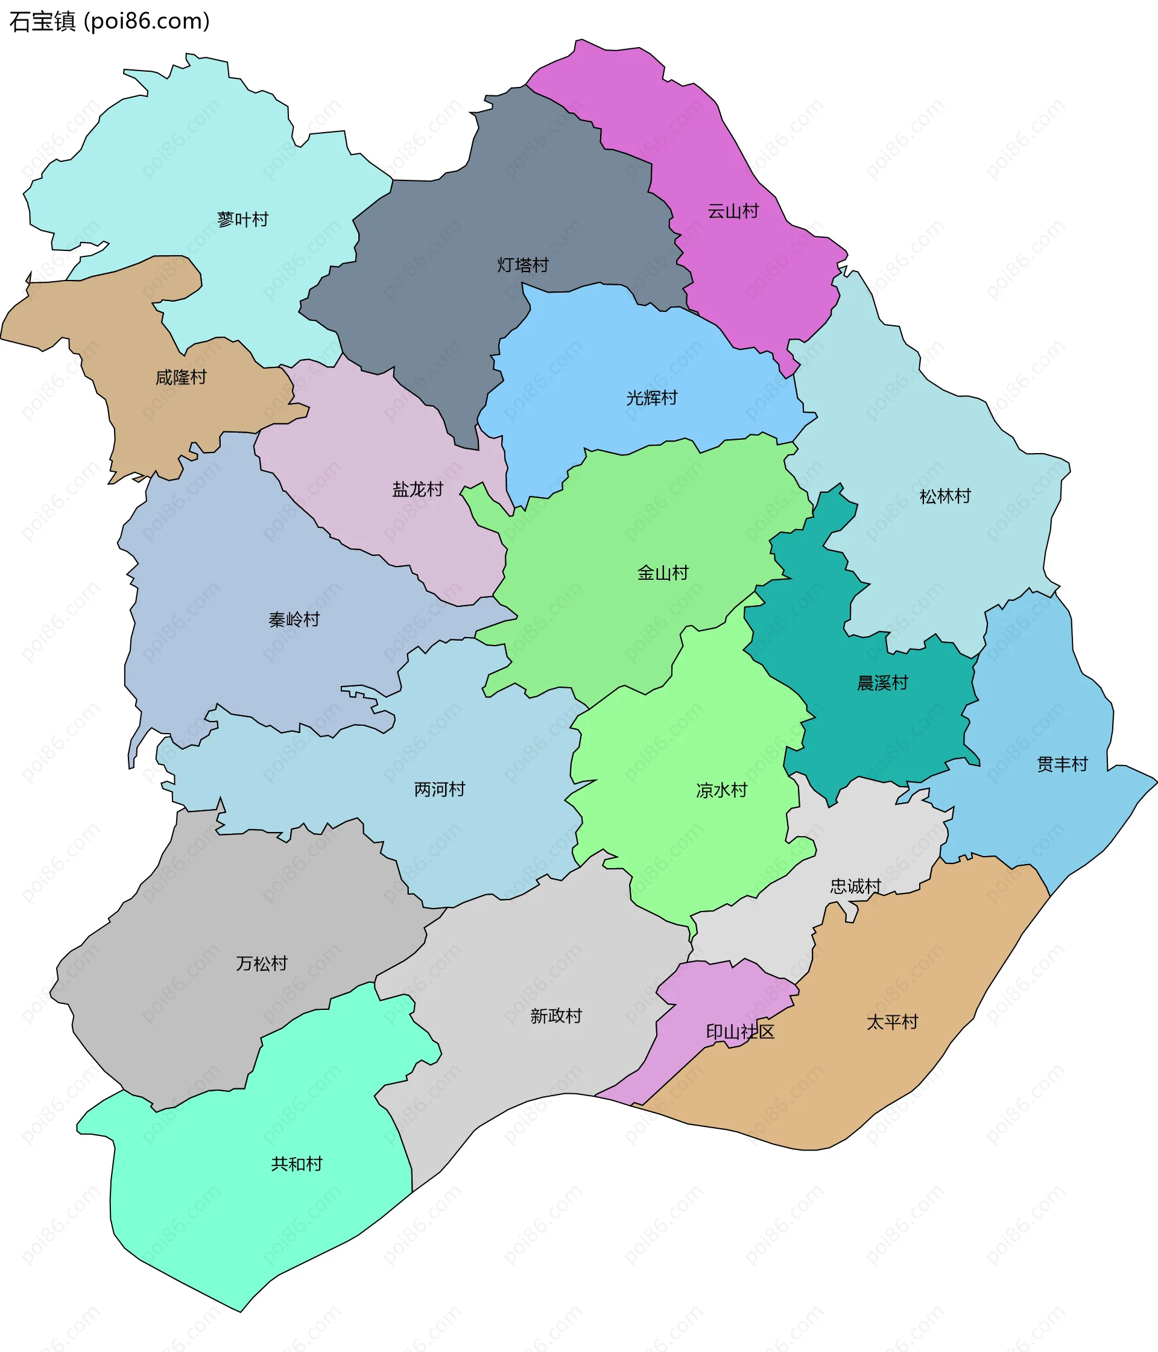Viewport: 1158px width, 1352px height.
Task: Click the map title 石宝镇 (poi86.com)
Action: (110, 22)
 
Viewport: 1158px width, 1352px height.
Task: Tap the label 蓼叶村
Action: (242, 219)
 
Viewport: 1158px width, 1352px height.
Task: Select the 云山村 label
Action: (733, 211)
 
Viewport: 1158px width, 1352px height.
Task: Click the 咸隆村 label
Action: (181, 377)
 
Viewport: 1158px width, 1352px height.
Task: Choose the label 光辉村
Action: (652, 398)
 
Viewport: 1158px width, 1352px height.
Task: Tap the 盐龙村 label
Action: (417, 489)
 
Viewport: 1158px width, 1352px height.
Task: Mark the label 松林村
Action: (944, 497)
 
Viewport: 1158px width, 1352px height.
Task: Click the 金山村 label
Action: (663, 573)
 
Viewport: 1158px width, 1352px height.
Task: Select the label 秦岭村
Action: (294, 619)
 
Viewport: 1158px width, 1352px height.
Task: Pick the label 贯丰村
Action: (1062, 764)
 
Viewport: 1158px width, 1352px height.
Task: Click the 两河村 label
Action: (440, 790)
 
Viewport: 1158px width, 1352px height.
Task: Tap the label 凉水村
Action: (721, 791)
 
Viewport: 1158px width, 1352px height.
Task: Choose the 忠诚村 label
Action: (855, 886)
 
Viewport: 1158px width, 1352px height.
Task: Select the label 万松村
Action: (262, 963)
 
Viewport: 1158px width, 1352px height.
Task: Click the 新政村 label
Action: (556, 1016)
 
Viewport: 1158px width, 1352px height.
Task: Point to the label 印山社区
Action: (740, 1032)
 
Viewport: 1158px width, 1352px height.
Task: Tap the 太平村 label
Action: (892, 1022)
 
